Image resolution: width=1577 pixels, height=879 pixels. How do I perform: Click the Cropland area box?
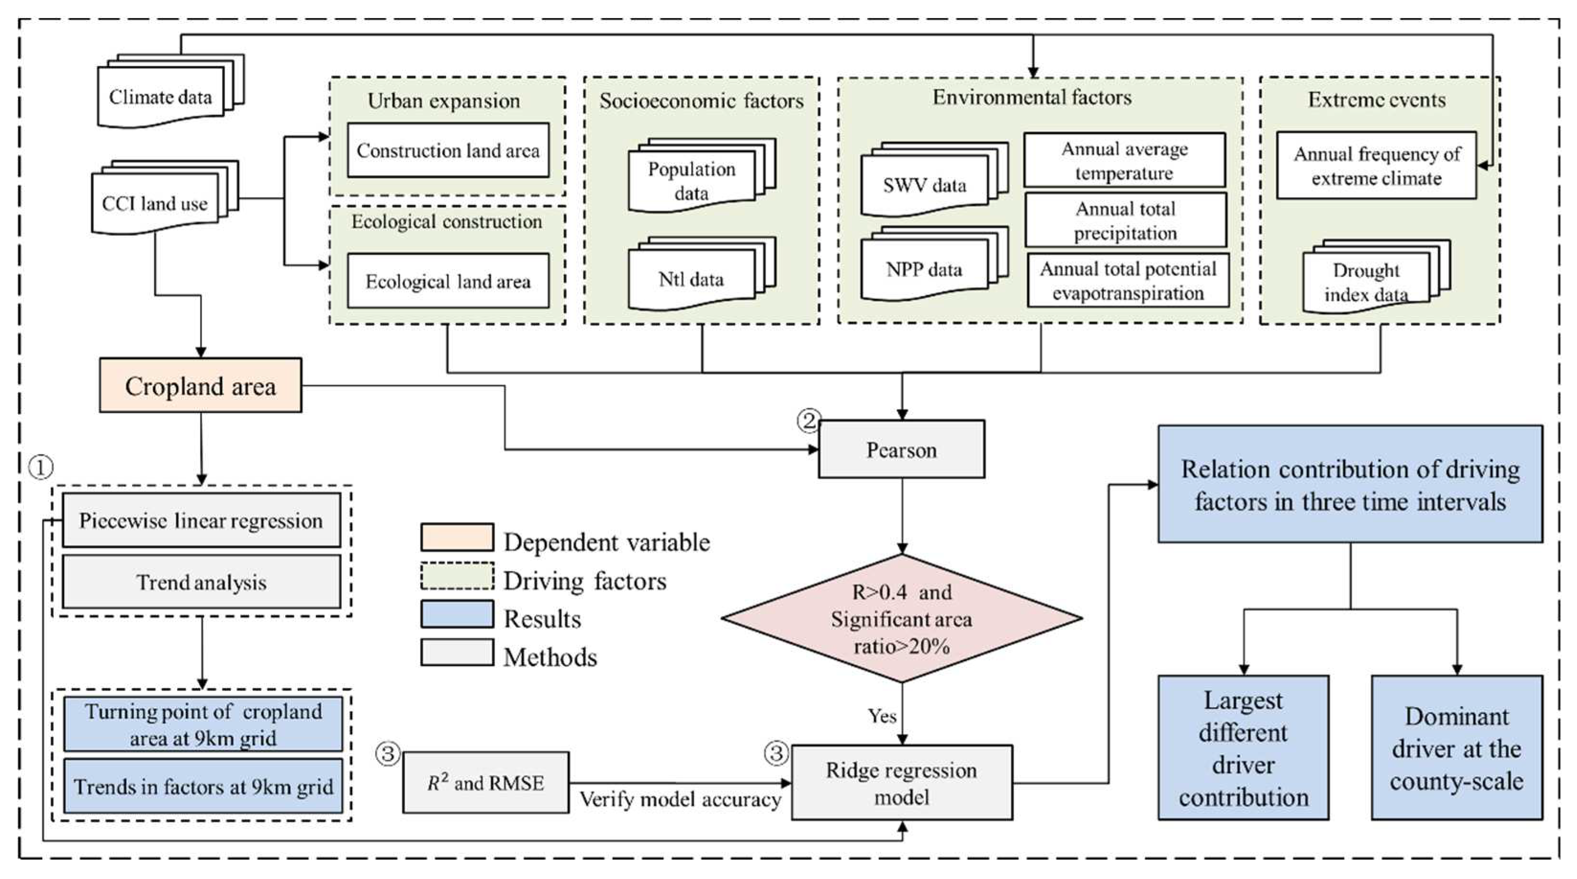coord(200,386)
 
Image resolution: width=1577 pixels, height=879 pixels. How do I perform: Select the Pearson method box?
coord(901,449)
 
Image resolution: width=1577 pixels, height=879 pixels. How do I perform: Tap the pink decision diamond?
coord(901,618)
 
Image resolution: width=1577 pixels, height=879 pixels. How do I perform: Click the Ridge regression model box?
coord(901,782)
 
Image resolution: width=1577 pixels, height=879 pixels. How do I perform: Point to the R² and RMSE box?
coord(485,782)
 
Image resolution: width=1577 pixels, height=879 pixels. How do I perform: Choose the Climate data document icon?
coord(161,97)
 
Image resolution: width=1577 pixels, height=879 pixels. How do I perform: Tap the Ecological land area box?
coord(448,281)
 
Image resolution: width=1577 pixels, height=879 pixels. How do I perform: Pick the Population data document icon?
coord(692,180)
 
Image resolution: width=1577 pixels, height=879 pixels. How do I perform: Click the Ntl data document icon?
coord(692,279)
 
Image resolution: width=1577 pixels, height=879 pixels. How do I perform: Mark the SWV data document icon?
coord(924,185)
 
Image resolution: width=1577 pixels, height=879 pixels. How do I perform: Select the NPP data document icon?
coord(924,269)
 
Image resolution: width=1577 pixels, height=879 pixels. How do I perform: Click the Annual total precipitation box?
coord(1125,221)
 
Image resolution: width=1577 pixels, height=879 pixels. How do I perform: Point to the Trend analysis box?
coord(201,581)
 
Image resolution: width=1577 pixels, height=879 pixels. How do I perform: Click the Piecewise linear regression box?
coord(201,520)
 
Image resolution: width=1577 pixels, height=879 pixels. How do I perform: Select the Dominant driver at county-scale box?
coord(1456,748)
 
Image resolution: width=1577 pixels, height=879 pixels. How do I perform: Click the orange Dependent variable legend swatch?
coord(457,537)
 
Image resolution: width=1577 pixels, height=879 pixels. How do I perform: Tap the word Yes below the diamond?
coord(882,715)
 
